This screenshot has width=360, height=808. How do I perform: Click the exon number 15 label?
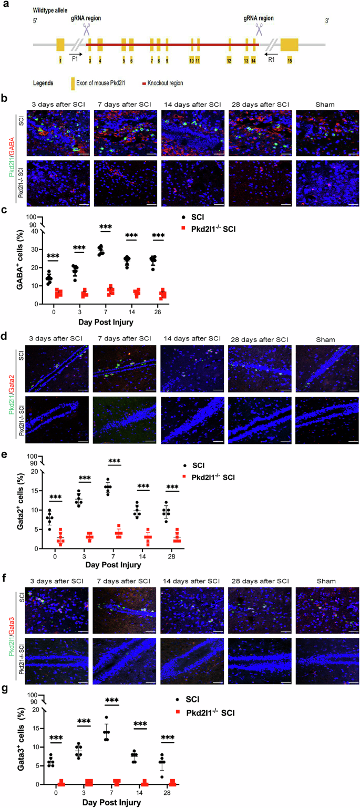pyautogui.click(x=289, y=61)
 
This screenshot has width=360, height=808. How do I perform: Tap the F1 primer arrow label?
pyautogui.click(x=75, y=59)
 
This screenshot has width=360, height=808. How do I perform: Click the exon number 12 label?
pyautogui.click(x=229, y=61)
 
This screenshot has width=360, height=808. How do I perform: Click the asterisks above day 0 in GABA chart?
pyautogui.click(x=53, y=256)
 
